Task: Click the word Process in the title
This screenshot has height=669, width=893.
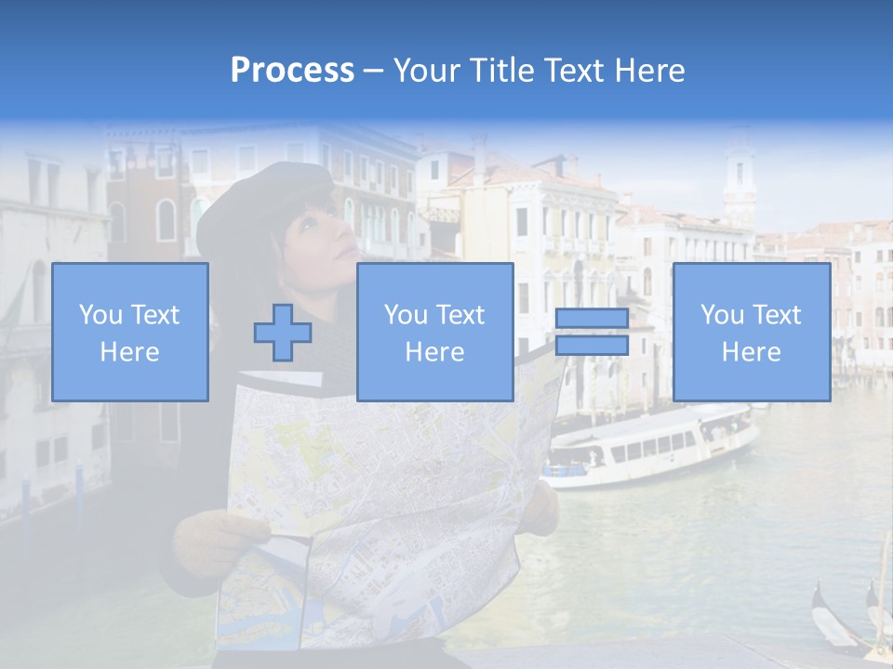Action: pyautogui.click(x=292, y=71)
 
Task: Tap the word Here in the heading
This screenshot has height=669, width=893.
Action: pyautogui.click(x=647, y=71)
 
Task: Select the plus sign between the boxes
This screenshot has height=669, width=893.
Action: pyautogui.click(x=283, y=333)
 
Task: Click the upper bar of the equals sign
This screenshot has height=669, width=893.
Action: pyautogui.click(x=592, y=318)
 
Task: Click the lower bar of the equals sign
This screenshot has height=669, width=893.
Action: pyautogui.click(x=592, y=346)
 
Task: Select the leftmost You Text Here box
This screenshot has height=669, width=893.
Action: pyautogui.click(x=130, y=333)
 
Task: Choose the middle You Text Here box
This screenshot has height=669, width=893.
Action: pyautogui.click(x=434, y=333)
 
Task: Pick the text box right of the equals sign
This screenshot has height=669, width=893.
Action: pyautogui.click(x=752, y=333)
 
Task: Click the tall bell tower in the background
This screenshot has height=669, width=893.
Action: pyautogui.click(x=740, y=177)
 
